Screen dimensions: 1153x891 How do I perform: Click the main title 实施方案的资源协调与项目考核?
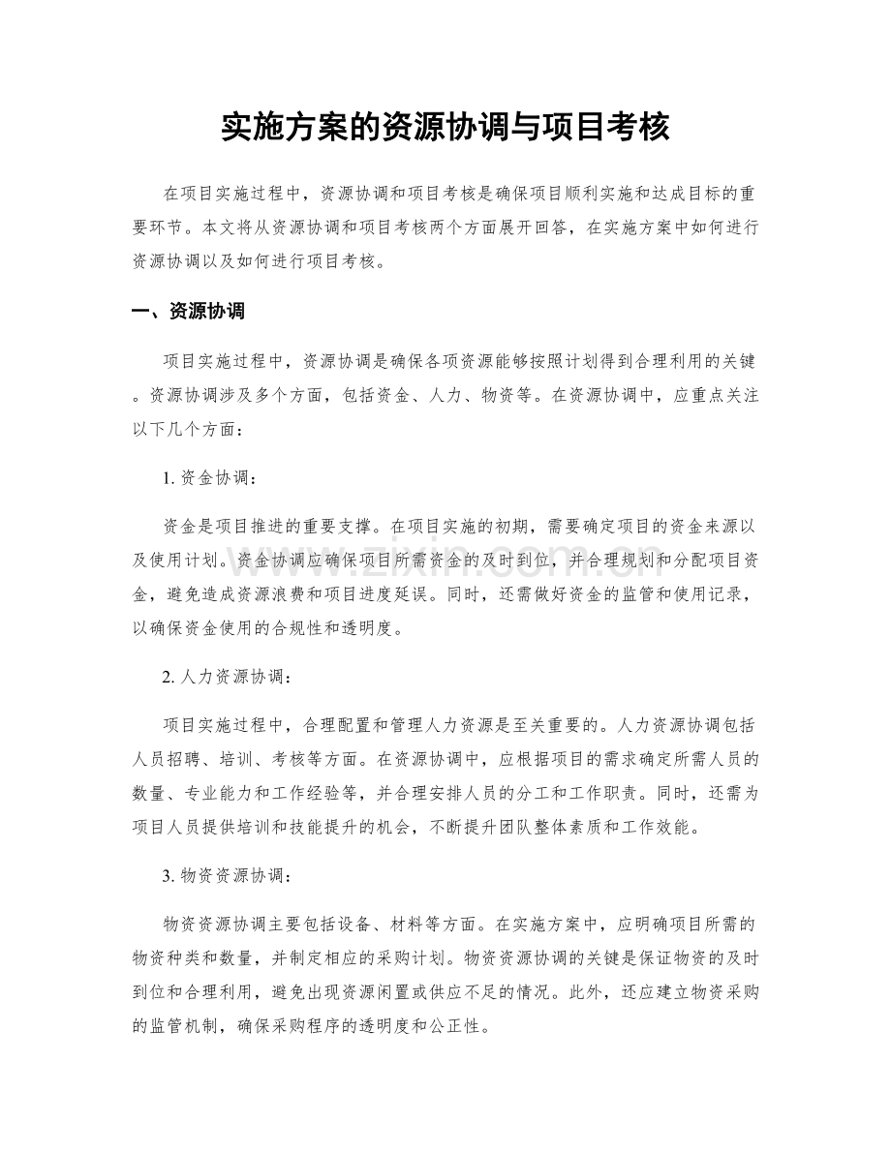pyautogui.click(x=445, y=127)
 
